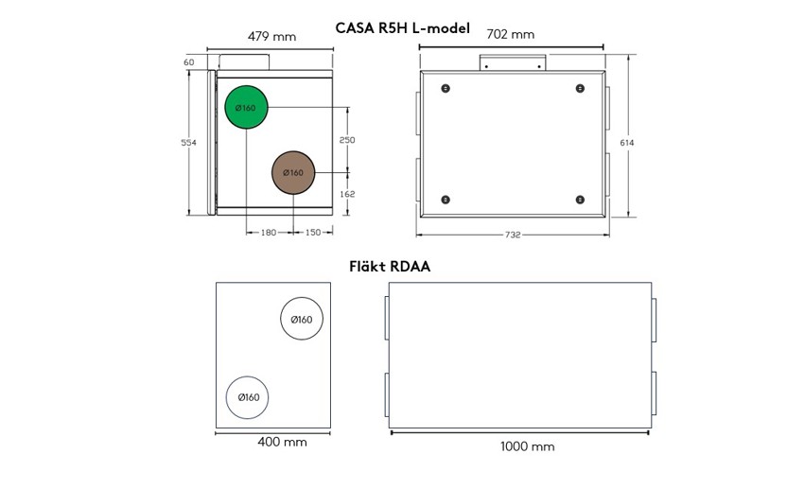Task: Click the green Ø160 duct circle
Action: (247, 107)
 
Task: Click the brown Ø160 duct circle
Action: (293, 173)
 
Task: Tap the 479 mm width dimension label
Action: (271, 36)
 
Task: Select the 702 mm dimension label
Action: (510, 34)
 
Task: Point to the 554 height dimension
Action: (188, 143)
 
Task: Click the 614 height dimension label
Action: (627, 143)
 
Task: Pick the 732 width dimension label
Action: (513, 235)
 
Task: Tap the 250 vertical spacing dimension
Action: (347, 140)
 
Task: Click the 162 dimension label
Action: (347, 194)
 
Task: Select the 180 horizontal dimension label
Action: (269, 232)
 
